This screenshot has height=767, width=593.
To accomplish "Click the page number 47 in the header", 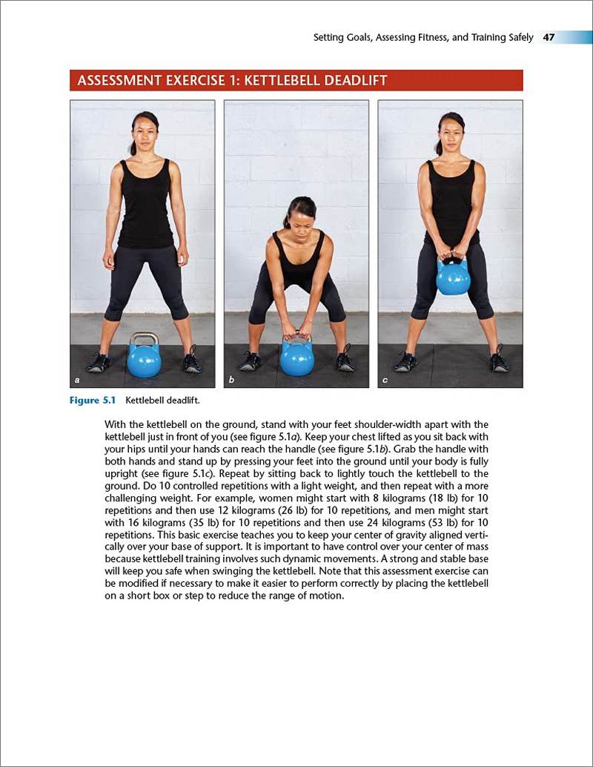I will click(549, 37).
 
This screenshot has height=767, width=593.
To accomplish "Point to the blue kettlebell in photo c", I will click(452, 276).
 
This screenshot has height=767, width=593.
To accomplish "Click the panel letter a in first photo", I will click(77, 381).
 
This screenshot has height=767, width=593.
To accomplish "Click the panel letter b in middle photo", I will click(231, 381).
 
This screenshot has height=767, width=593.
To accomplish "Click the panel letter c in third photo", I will click(385, 381).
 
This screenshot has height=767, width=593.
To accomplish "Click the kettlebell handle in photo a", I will click(144, 338).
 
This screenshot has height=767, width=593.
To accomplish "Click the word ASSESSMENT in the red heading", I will click(120, 80).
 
